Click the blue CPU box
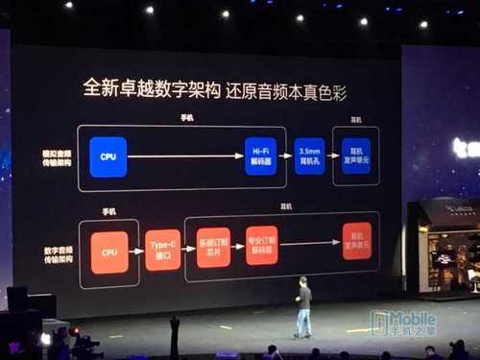pyautogui.click(x=108, y=156)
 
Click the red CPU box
pyautogui.click(x=108, y=252)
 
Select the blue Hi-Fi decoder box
pyautogui.click(x=259, y=156)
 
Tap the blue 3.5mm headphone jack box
pyautogui.click(x=308, y=156)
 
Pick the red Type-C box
pyautogui.click(x=163, y=252)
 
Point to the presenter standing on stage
pyautogui.click(x=303, y=307)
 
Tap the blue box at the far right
pyautogui.click(x=356, y=156)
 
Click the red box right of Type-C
pyautogui.click(x=213, y=247)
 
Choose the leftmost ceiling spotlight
pyautogui.click(x=68, y=5)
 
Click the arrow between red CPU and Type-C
pyautogui.click(x=135, y=252)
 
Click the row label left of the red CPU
pyautogui.click(x=57, y=253)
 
